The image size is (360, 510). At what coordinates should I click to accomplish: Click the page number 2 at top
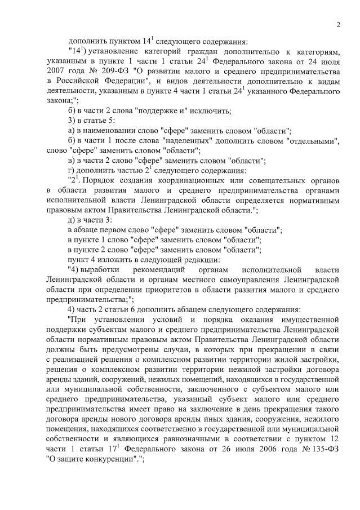[338, 25]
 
